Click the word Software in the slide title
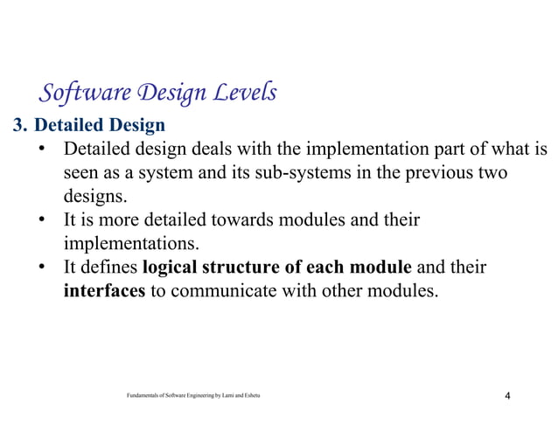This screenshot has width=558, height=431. (76, 92)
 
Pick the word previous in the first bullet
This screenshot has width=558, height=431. (433, 173)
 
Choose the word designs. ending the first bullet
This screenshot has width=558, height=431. (94, 197)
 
